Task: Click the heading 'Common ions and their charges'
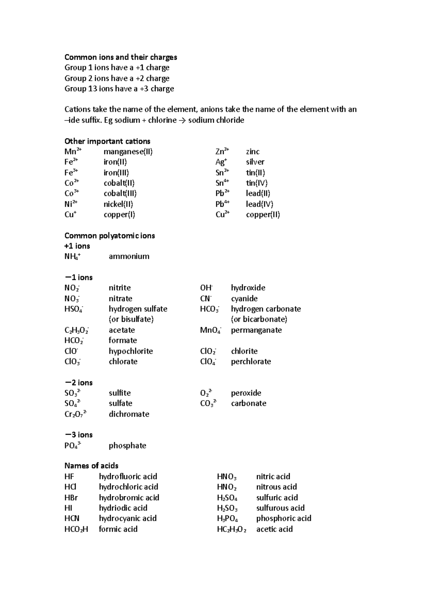121,57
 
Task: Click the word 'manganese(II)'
128,152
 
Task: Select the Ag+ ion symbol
220,162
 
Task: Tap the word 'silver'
255,162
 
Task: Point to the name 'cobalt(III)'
120,194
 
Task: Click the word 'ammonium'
129,256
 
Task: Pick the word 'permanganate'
256,330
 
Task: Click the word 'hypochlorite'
131,351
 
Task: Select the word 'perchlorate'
251,362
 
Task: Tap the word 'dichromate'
129,414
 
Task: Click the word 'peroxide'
246,393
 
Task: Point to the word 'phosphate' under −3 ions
127,446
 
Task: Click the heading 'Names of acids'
91,466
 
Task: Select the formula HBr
71,498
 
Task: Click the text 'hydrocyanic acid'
127,518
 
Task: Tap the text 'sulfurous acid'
280,508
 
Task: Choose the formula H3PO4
227,519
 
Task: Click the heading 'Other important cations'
107,141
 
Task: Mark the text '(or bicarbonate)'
259,319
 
